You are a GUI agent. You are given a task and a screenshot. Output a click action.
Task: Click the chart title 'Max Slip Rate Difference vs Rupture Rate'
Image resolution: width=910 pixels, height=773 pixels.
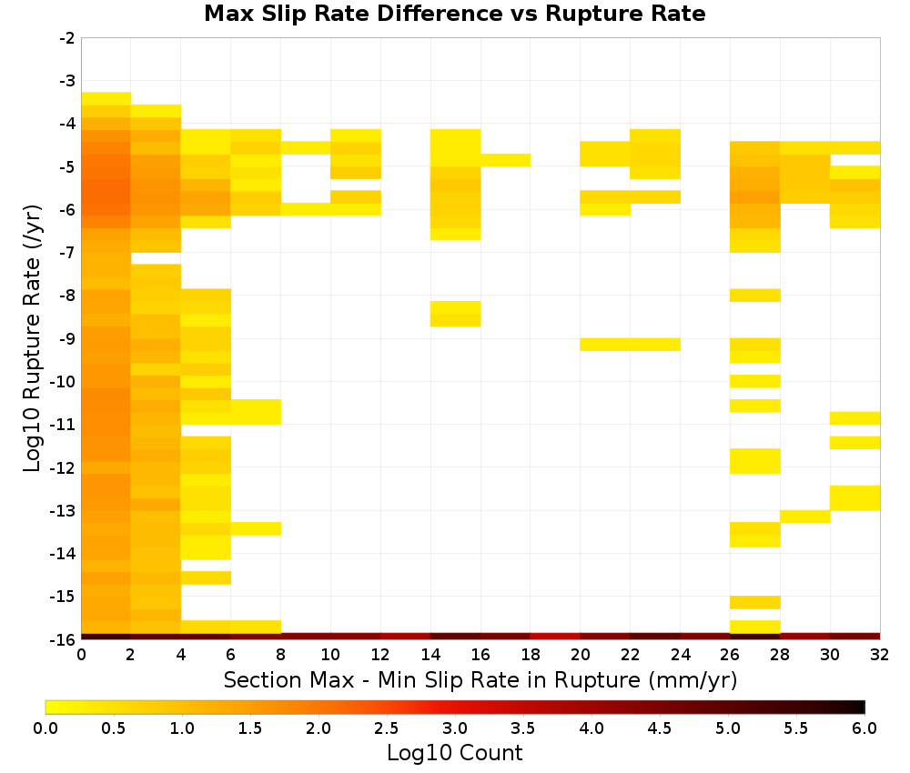pos(454,14)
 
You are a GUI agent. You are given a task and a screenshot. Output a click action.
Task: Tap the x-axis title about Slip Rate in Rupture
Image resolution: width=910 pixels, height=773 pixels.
pos(480,679)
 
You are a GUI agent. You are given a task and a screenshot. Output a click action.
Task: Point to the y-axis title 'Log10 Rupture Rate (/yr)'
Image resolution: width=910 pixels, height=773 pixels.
pos(33,338)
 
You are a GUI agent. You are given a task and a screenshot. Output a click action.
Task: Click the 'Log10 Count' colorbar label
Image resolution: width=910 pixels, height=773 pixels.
pos(454,753)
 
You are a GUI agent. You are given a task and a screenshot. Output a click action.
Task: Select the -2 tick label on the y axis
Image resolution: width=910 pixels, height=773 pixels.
pos(67,38)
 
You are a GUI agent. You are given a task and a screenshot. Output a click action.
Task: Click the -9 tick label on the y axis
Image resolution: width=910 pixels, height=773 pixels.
pos(67,338)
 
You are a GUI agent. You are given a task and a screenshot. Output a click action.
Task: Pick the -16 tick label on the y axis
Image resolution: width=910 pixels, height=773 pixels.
pos(63,639)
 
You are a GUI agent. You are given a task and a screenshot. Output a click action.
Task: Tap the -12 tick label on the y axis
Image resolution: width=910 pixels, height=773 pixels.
pos(63,467)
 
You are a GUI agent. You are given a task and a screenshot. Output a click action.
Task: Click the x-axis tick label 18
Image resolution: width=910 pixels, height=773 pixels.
pos(531,655)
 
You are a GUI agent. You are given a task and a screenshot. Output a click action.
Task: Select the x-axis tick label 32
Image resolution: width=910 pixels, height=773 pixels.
pos(879,655)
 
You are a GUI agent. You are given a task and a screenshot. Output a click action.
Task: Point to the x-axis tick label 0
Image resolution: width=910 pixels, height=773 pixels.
pos(81,655)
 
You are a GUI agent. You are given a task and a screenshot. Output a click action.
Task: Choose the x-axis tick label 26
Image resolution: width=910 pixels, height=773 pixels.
pos(730,655)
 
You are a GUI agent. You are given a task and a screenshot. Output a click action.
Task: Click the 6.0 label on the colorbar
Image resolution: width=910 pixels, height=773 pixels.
pos(864,728)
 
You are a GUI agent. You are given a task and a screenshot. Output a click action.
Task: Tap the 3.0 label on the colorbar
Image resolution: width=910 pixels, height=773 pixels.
pos(455,728)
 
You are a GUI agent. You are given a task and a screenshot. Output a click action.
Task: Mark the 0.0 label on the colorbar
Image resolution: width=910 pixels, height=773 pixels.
pos(45,728)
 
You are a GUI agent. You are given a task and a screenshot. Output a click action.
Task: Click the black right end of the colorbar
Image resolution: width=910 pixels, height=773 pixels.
pos(863,707)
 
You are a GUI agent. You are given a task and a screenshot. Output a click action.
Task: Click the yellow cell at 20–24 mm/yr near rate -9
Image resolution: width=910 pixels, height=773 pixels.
pos(630,345)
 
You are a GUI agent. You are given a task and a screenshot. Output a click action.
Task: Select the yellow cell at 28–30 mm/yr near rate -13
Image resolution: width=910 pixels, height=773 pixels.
pos(804,517)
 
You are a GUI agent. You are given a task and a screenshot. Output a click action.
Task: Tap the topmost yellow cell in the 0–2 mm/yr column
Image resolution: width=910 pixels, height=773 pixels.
pos(106,98)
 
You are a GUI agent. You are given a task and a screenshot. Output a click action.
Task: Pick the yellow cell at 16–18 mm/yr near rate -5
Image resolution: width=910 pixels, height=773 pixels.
pos(505,160)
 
